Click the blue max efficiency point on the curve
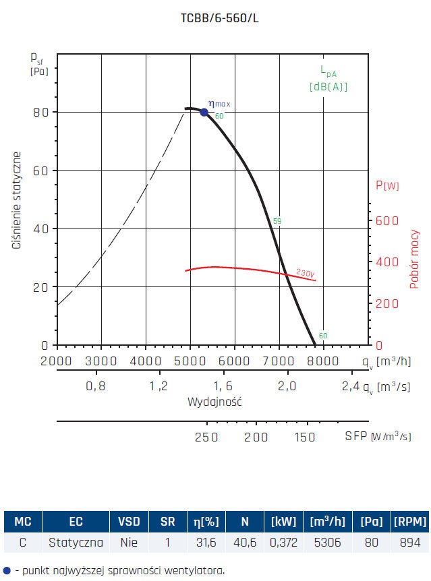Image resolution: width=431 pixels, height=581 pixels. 204,112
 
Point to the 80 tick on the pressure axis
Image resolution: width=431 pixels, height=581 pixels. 42,112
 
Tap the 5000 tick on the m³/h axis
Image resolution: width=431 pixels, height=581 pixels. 190,361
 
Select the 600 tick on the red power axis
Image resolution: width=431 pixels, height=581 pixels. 382,220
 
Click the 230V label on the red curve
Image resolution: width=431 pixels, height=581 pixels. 305,274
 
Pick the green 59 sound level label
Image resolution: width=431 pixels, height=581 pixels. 277,221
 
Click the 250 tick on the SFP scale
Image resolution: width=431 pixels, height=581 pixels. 206,437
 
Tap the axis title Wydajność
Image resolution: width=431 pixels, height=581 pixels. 214,402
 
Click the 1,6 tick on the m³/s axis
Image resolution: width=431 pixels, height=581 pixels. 223,386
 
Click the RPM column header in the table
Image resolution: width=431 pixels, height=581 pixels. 409,521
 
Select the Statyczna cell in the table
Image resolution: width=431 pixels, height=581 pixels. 76,542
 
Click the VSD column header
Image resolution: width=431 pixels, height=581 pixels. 129,521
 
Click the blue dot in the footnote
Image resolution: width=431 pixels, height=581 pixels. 7,570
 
